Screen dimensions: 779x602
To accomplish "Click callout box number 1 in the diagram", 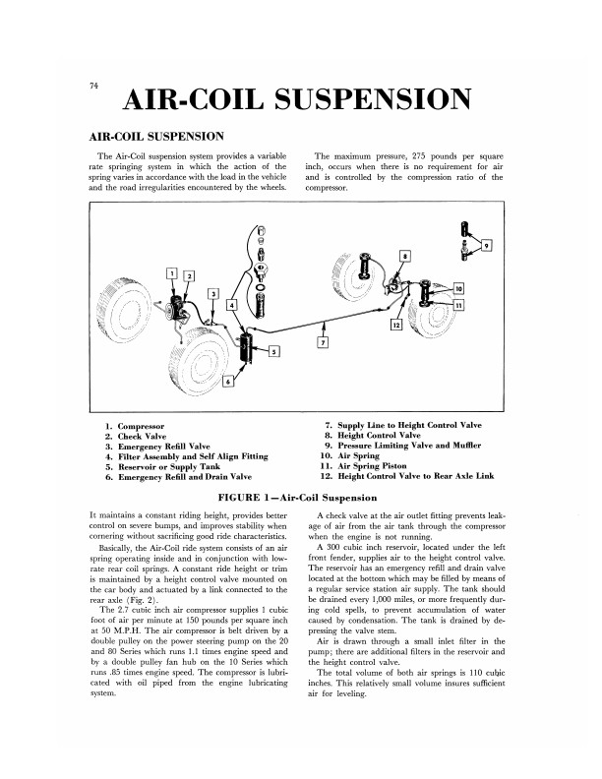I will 171,272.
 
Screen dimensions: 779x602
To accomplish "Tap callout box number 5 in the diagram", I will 274,351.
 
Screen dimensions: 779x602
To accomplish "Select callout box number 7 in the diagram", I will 322,342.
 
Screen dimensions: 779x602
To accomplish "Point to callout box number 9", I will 486,244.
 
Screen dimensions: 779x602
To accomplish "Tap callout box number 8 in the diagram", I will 404,256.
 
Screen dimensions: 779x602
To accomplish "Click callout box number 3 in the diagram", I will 213,293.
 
